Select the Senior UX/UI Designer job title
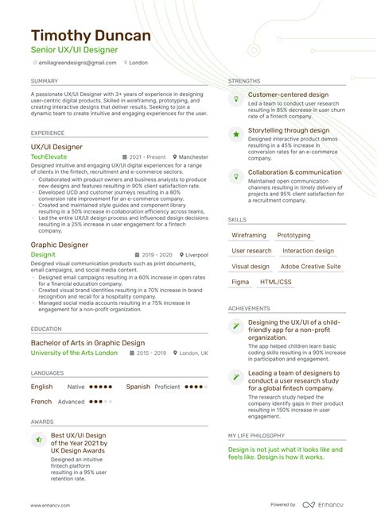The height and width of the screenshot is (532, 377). click(74, 50)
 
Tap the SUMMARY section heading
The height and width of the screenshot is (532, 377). click(44, 81)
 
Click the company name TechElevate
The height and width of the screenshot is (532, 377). click(49, 158)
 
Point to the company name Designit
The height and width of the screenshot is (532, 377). click(44, 254)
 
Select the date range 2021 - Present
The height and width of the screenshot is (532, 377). click(146, 158)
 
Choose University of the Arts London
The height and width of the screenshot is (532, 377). click(74, 353)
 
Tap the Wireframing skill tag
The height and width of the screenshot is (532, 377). click(249, 236)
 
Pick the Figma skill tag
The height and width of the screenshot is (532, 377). click(240, 282)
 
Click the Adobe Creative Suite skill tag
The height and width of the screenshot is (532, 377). click(310, 267)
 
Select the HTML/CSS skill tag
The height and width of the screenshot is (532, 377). click(275, 282)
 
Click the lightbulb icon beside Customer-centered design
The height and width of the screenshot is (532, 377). click(236, 98)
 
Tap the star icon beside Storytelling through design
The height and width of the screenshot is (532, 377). click(236, 134)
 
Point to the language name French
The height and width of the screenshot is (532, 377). click(41, 402)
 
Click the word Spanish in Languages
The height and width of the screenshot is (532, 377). click(138, 387)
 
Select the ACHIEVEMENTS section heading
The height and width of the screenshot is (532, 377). click(249, 308)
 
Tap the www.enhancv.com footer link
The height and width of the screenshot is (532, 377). click(52, 505)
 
